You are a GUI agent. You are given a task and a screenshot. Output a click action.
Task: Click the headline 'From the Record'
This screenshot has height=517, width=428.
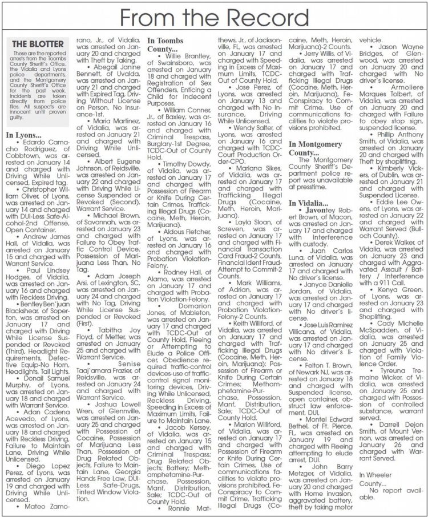[214, 17]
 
